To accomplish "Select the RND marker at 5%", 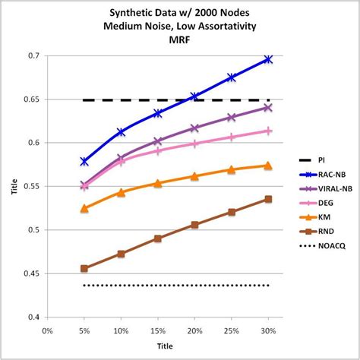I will (84, 268).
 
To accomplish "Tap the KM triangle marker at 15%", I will (158, 183).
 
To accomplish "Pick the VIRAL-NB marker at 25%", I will (232, 117).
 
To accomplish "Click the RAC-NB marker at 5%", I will (84, 161).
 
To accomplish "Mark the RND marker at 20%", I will (194, 225).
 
